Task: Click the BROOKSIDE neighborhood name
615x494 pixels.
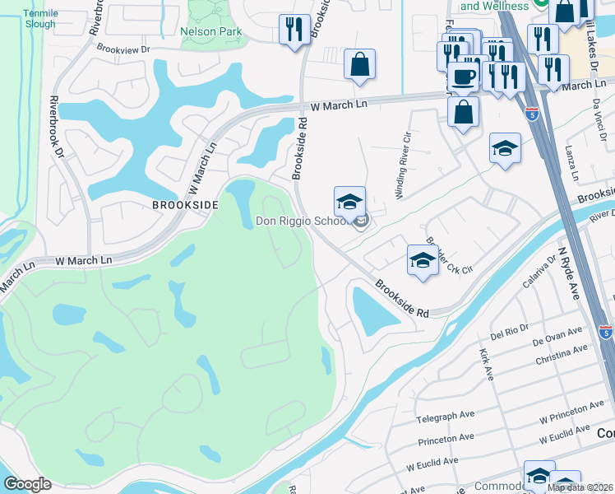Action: point(186,204)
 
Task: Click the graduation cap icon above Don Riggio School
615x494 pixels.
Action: point(349,201)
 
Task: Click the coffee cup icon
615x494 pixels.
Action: point(464,77)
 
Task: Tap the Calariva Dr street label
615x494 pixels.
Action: point(541,271)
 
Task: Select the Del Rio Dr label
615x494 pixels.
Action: point(507,335)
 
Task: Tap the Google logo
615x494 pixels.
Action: point(28,484)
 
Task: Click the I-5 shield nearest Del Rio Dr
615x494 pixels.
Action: point(605,332)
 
